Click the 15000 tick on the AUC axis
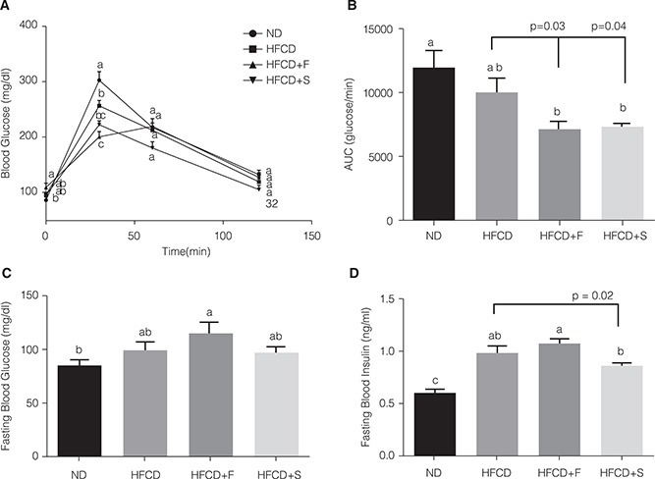pyautogui.click(x=392, y=29)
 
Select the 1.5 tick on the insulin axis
pyautogui.click(x=399, y=299)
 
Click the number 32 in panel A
pyautogui.click(x=272, y=204)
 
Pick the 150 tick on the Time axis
pyautogui.click(x=312, y=237)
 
